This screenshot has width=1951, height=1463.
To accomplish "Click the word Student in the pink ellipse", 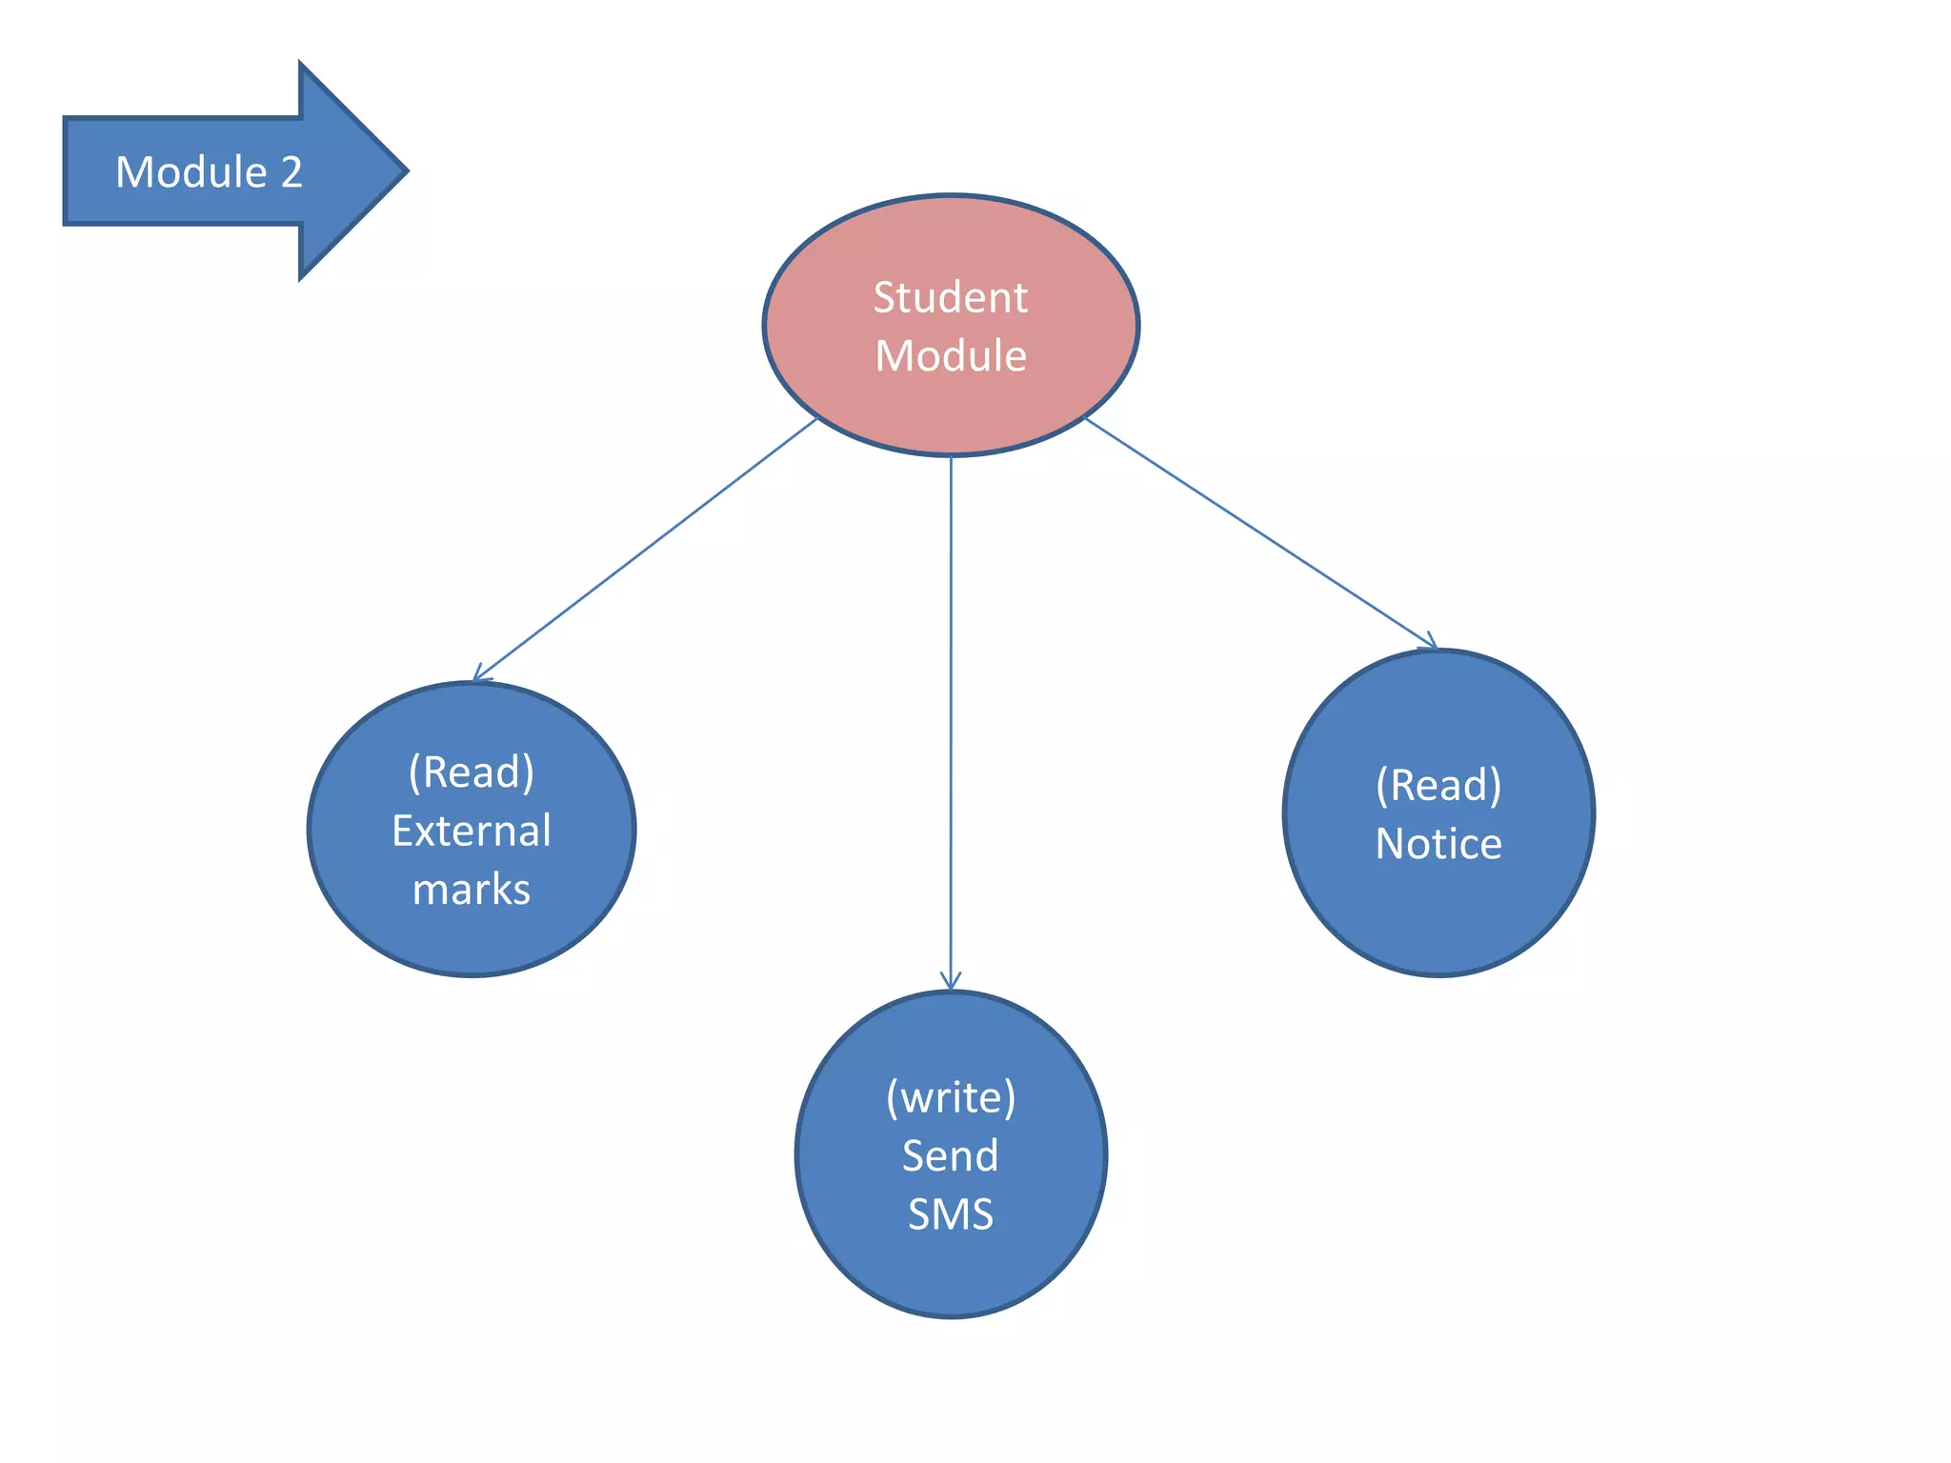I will [950, 298].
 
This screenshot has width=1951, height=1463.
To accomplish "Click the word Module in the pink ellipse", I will [950, 356].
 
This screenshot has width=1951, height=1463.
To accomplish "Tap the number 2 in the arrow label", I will [291, 172].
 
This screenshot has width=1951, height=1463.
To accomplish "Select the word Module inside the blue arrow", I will [191, 172].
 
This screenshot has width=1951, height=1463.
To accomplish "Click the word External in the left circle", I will [472, 831].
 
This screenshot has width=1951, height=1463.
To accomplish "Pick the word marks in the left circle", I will [472, 890].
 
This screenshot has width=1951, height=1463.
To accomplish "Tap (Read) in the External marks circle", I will [472, 772].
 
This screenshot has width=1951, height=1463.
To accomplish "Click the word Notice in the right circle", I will [1438, 844].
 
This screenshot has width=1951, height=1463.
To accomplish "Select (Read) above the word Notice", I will [1438, 786].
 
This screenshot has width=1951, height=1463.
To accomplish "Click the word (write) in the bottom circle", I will [951, 1097].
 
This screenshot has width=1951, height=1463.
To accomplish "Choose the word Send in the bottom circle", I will [951, 1156].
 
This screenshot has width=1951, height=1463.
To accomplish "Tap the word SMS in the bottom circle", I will [951, 1214].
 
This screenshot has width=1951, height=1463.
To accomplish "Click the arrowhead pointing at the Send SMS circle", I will [951, 983].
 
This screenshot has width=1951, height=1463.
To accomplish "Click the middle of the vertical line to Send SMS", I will [951, 724].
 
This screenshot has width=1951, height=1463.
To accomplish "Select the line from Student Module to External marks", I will [646, 550].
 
